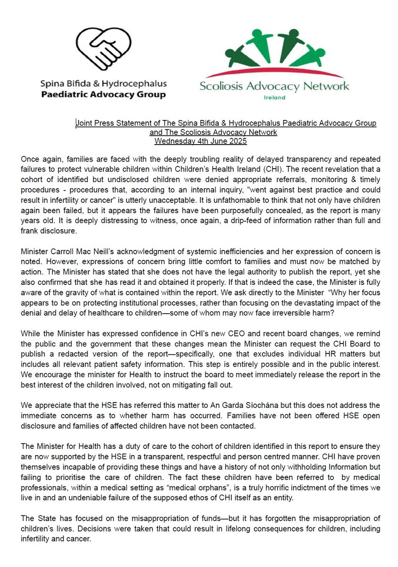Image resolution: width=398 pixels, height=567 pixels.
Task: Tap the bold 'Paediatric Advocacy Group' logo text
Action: (102, 94)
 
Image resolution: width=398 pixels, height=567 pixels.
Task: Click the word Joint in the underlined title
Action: (85, 123)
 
